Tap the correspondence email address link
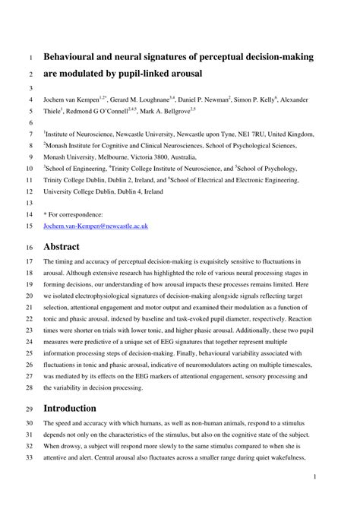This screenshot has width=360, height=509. coord(95,226)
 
